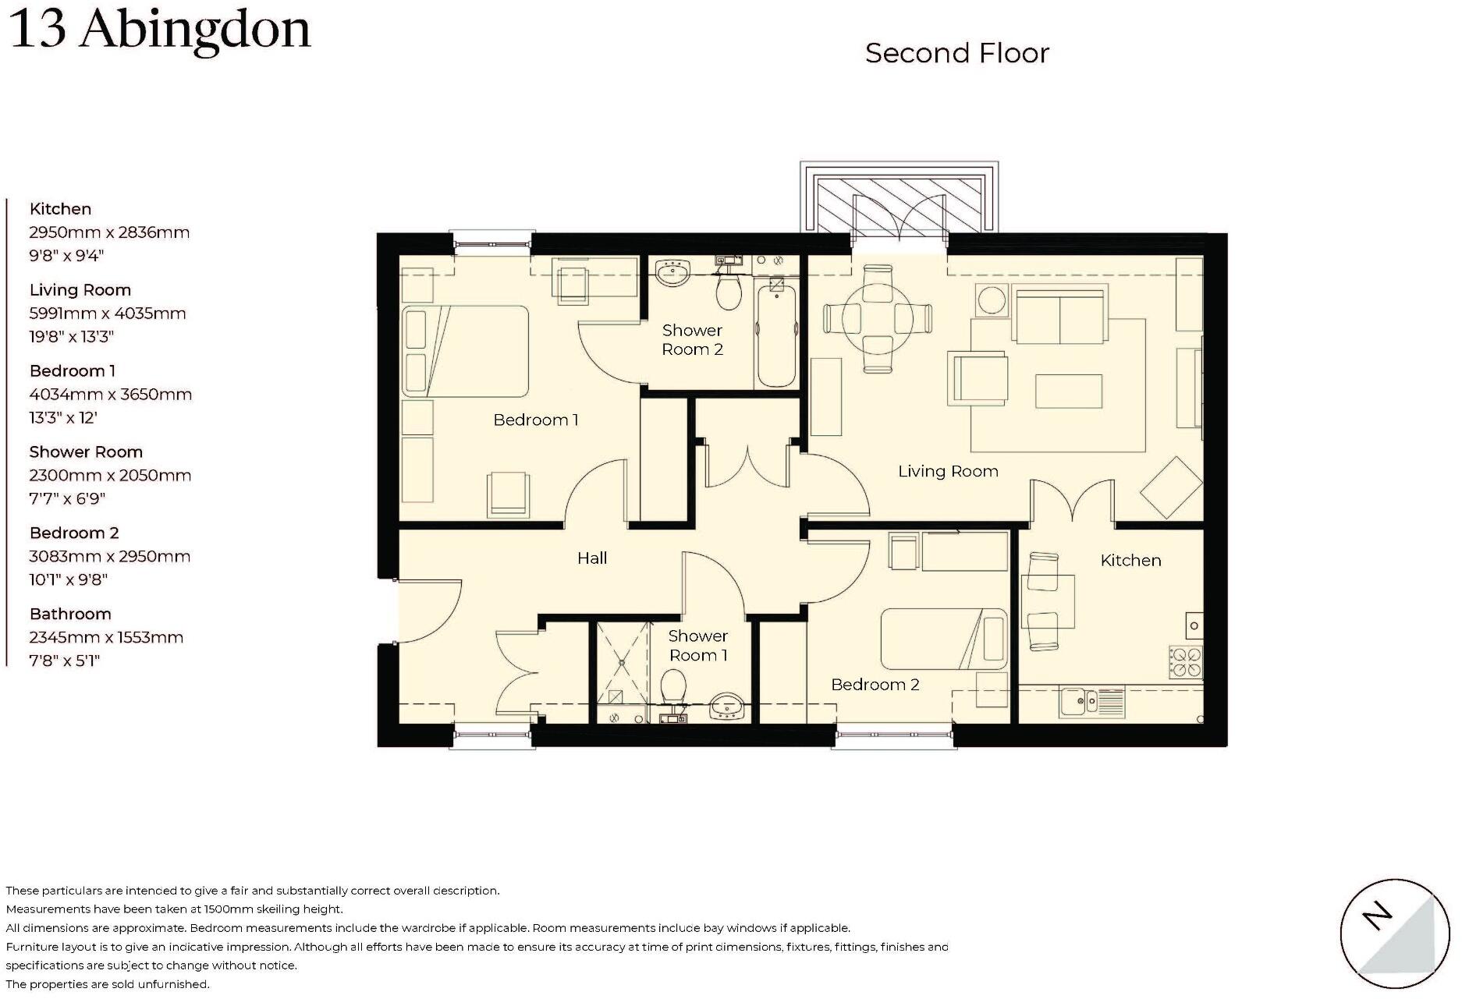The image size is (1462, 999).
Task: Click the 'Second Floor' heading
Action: [x=956, y=53]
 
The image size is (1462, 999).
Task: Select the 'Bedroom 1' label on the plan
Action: [x=535, y=420]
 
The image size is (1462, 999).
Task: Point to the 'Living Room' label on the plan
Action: [x=948, y=471]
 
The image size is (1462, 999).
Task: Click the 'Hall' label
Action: [x=592, y=558]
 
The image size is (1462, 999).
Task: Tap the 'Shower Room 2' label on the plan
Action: [x=692, y=339]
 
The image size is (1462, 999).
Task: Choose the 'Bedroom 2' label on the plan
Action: [x=875, y=684]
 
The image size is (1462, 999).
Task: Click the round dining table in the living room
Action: [x=878, y=318]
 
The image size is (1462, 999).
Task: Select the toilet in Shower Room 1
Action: [x=672, y=688]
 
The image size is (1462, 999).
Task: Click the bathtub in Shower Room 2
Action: [x=775, y=335]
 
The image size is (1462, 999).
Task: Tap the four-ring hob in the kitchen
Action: [x=1185, y=662]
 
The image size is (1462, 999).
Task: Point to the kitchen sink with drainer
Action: [x=1091, y=702]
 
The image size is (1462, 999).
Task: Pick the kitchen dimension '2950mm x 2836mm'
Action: [x=109, y=232]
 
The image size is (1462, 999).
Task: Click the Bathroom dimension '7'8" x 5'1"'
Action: [x=65, y=661]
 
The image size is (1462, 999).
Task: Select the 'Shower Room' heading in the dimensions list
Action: [x=86, y=452]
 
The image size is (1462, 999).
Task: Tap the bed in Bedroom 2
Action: [x=943, y=639]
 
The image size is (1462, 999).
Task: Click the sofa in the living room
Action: [x=1059, y=315]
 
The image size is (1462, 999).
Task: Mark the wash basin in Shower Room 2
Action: [x=673, y=274]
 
